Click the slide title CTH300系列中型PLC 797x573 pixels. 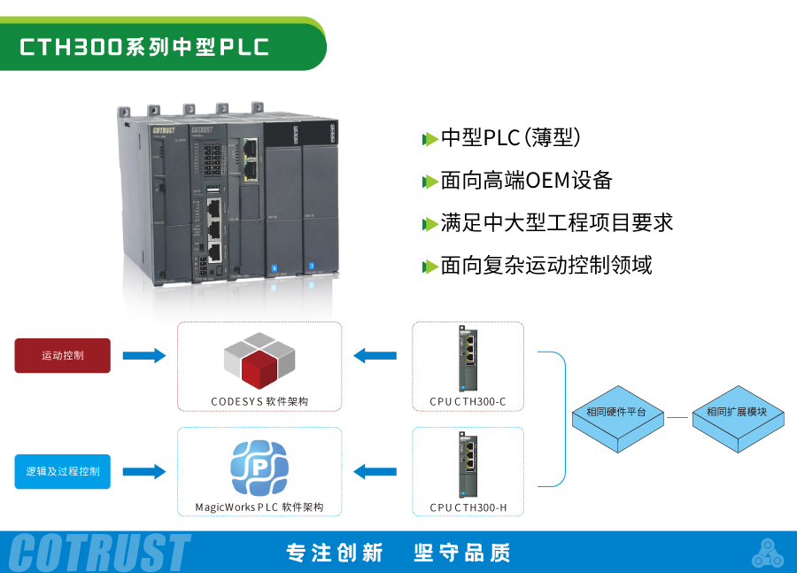point(144,47)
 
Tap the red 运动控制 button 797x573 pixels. point(63,355)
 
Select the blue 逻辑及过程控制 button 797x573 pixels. point(63,471)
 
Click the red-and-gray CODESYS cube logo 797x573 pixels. point(259,360)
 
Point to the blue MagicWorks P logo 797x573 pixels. point(259,466)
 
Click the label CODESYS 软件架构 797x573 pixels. point(259,401)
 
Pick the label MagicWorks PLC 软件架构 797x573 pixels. point(259,507)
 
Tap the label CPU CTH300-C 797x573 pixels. point(468,401)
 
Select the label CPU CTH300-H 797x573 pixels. point(468,507)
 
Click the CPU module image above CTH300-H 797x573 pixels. point(467,464)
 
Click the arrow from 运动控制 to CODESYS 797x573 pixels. point(143,355)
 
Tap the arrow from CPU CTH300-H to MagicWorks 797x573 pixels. point(375,471)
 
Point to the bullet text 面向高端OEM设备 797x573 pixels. point(526,181)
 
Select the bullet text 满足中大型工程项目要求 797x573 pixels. point(556,222)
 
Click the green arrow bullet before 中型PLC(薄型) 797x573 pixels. point(429,139)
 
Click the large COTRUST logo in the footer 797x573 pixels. point(99,553)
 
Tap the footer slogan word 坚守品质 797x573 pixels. point(462,553)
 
